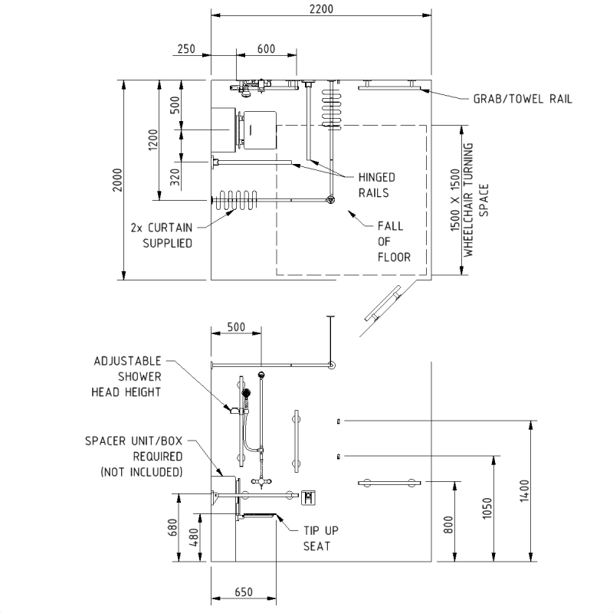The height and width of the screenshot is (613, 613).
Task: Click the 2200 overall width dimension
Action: pos(322,9)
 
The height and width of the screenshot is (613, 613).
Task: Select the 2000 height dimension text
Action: pos(117,180)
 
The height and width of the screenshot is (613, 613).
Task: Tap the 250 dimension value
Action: pos(185,49)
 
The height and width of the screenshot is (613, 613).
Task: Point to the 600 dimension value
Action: pos(265,49)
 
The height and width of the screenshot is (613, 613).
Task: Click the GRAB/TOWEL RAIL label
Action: pos(522,99)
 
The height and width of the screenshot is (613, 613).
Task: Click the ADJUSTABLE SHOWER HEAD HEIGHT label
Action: pos(128,376)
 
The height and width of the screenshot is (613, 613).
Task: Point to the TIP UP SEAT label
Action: pos(316,538)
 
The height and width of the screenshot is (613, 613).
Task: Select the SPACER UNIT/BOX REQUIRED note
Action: pos(135,456)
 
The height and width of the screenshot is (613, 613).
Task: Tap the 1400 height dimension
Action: pos(524,491)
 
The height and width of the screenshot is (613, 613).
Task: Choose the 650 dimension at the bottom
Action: pos(242,592)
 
